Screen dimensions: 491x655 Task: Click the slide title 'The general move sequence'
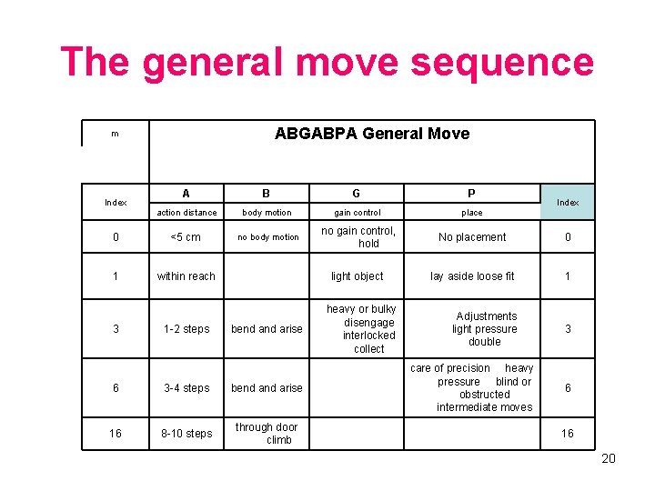pos(327,62)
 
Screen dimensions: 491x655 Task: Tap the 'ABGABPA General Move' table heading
pos(371,134)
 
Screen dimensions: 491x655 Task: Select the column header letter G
pos(356,194)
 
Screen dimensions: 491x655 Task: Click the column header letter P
pos(471,194)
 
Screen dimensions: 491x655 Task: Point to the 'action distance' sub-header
pos(186,213)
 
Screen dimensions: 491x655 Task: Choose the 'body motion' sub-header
pos(267,213)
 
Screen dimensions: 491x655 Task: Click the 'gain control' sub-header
pos(356,213)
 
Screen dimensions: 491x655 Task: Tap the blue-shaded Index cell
pos(568,202)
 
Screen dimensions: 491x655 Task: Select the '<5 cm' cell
pos(186,237)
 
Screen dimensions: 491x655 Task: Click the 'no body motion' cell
pos(267,237)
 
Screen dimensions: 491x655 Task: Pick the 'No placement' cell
pos(472,237)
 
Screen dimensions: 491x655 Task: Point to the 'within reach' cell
pos(186,276)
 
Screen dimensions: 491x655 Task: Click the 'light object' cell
pos(357,276)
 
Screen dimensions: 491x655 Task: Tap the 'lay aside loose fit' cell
pos(472,276)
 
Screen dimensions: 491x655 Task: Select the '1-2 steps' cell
pos(186,329)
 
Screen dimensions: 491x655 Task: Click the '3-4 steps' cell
pos(186,388)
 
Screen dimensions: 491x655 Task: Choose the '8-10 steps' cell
pos(186,434)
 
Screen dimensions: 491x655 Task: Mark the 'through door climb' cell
pos(267,433)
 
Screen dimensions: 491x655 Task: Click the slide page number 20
pos(609,458)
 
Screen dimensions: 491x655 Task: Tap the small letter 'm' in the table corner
pos(115,134)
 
